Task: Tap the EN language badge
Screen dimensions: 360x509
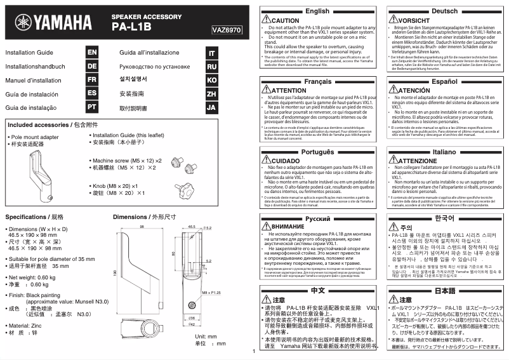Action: pos(92,53)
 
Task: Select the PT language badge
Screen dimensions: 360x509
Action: pos(92,107)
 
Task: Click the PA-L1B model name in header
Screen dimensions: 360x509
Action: pos(131,28)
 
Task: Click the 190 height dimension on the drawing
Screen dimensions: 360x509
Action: pos(116,272)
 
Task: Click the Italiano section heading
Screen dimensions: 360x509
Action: pos(444,152)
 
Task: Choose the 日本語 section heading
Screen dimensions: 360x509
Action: pos(444,290)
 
